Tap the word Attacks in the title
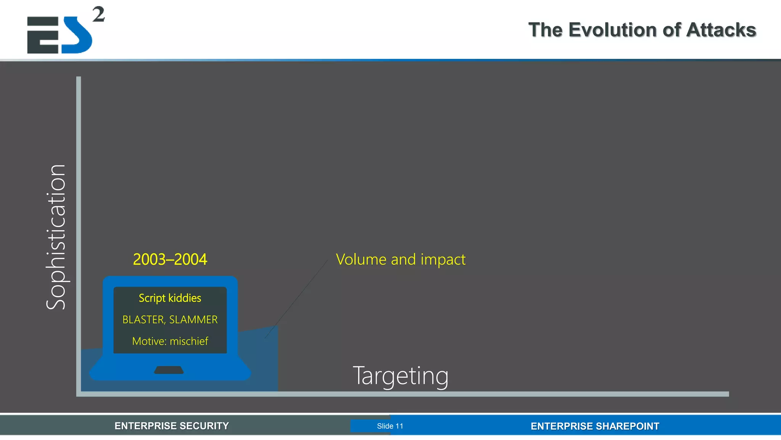pyautogui.click(x=721, y=30)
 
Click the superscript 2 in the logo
pyautogui.click(x=98, y=15)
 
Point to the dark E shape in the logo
pyautogui.click(x=42, y=35)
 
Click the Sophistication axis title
pyautogui.click(x=56, y=237)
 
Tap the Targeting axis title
pyautogui.click(x=400, y=376)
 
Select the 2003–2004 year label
pyautogui.click(x=170, y=260)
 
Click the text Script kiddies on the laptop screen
pyautogui.click(x=170, y=298)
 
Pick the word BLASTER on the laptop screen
pyautogui.click(x=143, y=320)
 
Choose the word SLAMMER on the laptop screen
pyautogui.click(x=193, y=320)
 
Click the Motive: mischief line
pyautogui.click(x=170, y=341)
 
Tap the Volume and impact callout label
pyautogui.click(x=400, y=260)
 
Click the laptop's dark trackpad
pyautogui.click(x=169, y=370)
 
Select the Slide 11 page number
pyautogui.click(x=390, y=426)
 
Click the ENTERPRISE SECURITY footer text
pyautogui.click(x=172, y=426)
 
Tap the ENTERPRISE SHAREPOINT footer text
pyautogui.click(x=595, y=426)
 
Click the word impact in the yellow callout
pyautogui.click(x=443, y=260)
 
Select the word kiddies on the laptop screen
pyautogui.click(x=185, y=298)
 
